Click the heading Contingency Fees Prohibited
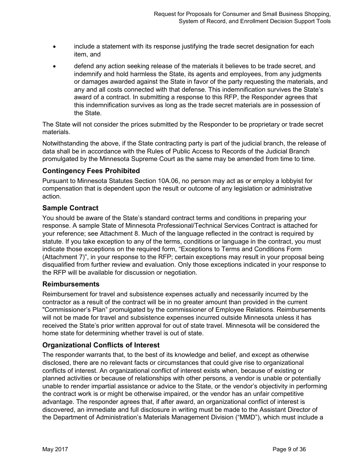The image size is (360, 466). [91, 171]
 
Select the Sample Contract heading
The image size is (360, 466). [70, 208]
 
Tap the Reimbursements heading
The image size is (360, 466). [71, 284]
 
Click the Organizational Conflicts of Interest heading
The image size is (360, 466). [101, 345]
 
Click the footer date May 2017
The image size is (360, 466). [55, 449]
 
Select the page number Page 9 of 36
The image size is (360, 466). [289, 449]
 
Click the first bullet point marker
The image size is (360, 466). [55, 47]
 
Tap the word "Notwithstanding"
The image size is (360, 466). [65, 143]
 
